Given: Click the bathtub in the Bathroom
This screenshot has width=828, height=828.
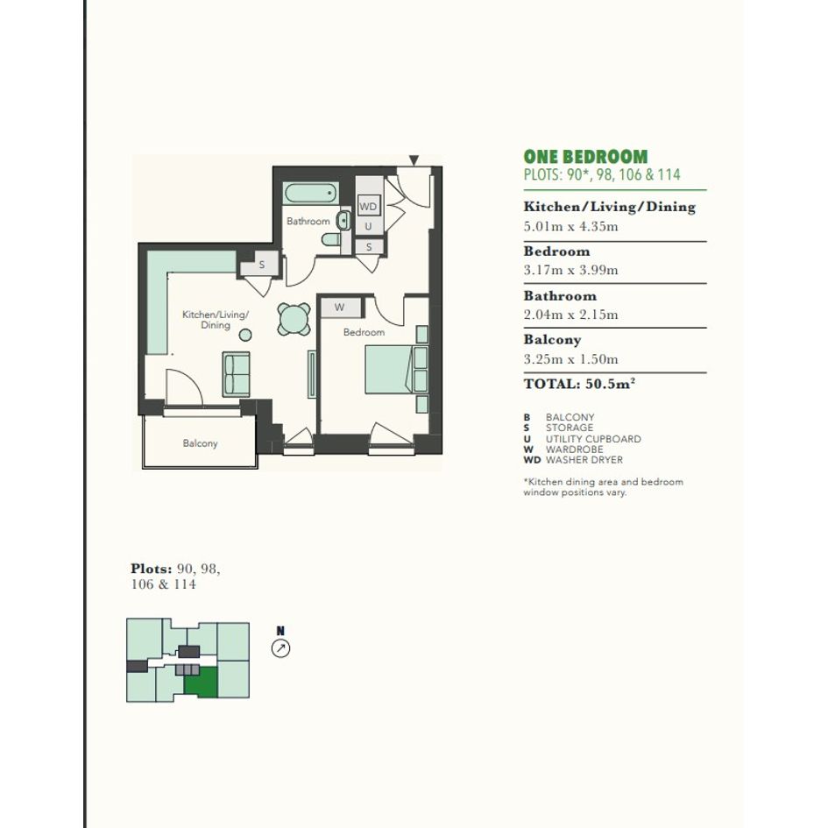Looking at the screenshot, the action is point(310,194).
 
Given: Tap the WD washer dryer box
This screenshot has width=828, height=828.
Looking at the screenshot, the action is point(368,206).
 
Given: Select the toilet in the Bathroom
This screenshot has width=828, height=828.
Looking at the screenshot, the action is point(331,239).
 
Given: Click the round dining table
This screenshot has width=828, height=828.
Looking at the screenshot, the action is point(294,319).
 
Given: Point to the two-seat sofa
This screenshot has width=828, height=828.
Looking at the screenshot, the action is point(236,374).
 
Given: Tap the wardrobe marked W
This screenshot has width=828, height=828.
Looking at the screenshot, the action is point(341,307).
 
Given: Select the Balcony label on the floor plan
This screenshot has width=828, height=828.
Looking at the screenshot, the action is point(200,443).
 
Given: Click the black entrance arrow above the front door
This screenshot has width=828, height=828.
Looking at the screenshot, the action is point(414,160).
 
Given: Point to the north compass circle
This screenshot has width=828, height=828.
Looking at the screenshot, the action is point(280,648).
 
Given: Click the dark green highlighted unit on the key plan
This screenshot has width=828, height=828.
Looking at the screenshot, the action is point(201,683).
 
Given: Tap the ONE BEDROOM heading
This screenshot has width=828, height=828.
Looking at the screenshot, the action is point(585,157).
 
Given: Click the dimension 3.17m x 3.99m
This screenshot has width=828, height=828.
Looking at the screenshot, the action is point(570,271).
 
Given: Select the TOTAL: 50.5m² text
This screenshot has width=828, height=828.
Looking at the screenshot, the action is point(579,384).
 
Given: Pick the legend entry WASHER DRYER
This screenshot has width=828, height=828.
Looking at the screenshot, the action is point(584,460).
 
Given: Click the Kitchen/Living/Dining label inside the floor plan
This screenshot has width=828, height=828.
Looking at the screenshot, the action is point(216,320).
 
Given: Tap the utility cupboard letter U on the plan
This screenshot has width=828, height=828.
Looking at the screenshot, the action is point(368,226).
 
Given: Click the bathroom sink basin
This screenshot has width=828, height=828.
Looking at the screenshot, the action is point(343,220).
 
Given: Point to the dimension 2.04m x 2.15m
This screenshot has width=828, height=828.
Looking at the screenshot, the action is point(570,315).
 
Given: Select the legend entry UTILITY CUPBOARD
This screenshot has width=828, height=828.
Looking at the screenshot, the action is point(593,439).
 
